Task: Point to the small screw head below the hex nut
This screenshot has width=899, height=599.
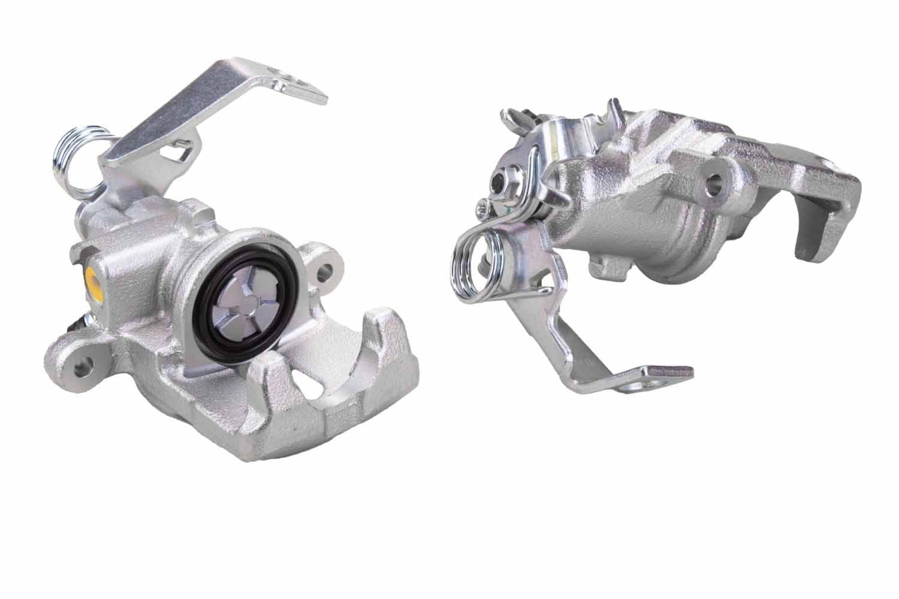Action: pos(482,208)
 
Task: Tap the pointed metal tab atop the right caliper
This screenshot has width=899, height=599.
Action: pos(614,111)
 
